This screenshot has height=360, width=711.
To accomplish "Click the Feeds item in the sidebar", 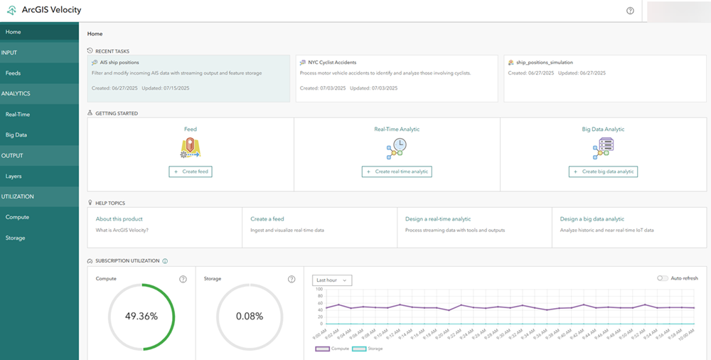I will pyautogui.click(x=13, y=73).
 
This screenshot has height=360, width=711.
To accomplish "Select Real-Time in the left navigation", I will pyautogui.click(x=17, y=114).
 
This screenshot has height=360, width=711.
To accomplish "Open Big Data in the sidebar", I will pyautogui.click(x=16, y=134).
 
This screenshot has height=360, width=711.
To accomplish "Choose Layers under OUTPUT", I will pyautogui.click(x=14, y=176).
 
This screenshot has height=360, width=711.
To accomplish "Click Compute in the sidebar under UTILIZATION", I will pyautogui.click(x=17, y=217).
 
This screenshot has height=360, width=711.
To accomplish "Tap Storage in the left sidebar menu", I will pyautogui.click(x=15, y=238).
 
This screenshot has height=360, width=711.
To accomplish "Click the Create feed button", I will pyautogui.click(x=191, y=171).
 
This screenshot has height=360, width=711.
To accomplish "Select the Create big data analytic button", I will pyautogui.click(x=604, y=171).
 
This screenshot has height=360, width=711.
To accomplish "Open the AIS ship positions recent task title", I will pyautogui.click(x=119, y=63).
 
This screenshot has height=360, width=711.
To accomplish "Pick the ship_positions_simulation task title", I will pyautogui.click(x=545, y=63).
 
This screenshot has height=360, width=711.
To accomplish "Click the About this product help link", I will pyautogui.click(x=119, y=219).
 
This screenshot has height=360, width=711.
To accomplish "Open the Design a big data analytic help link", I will pyautogui.click(x=592, y=219).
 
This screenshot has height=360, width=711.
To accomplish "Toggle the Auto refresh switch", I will pyautogui.click(x=663, y=278).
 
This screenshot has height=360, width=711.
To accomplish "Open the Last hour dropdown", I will pyautogui.click(x=332, y=280).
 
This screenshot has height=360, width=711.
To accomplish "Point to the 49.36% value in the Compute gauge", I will pyautogui.click(x=141, y=316).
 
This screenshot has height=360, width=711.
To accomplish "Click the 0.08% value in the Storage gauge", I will pyautogui.click(x=250, y=316).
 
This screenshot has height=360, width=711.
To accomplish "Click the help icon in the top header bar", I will pyautogui.click(x=630, y=11).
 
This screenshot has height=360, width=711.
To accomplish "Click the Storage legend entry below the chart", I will pyautogui.click(x=368, y=349).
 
